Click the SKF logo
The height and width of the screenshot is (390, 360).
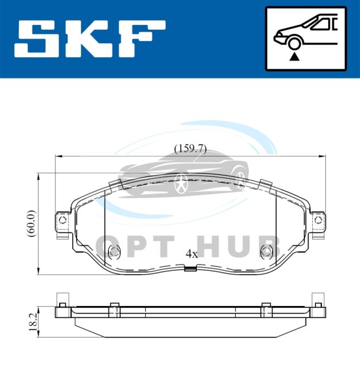click(x=90, y=39)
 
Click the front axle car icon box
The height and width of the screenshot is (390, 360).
click(x=306, y=38)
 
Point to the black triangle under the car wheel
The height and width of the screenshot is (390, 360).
click(x=294, y=57)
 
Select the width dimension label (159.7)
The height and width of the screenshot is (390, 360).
click(x=190, y=149)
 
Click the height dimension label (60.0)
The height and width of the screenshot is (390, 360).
click(x=31, y=223)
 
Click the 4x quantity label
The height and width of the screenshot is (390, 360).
click(x=192, y=254)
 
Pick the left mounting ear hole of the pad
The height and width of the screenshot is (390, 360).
click(x=62, y=220)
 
